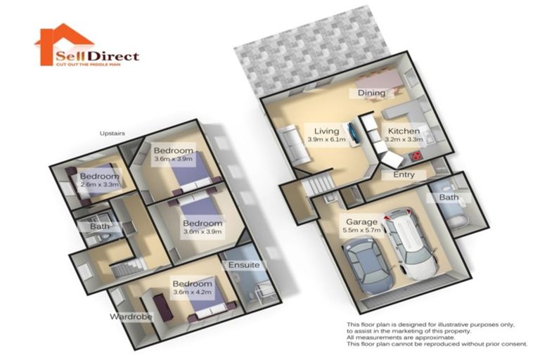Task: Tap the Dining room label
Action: point(371,93)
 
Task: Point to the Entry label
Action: point(404,174)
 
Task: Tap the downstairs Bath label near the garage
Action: point(449,198)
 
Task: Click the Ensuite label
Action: point(244,265)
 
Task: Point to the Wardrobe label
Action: point(131,317)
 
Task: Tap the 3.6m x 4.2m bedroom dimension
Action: point(192,293)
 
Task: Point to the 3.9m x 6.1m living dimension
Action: point(327,140)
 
